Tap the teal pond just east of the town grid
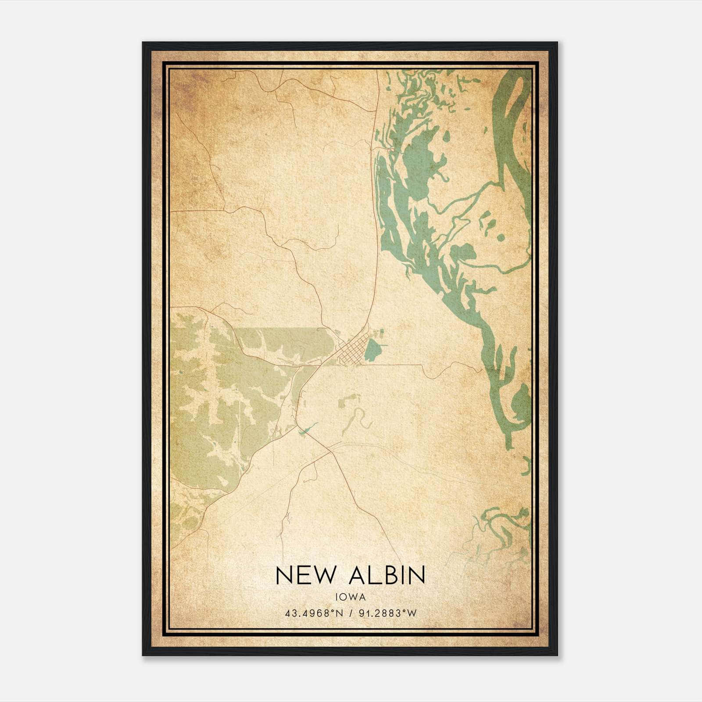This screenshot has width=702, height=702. (373, 349)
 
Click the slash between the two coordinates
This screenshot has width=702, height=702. (351, 613)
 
